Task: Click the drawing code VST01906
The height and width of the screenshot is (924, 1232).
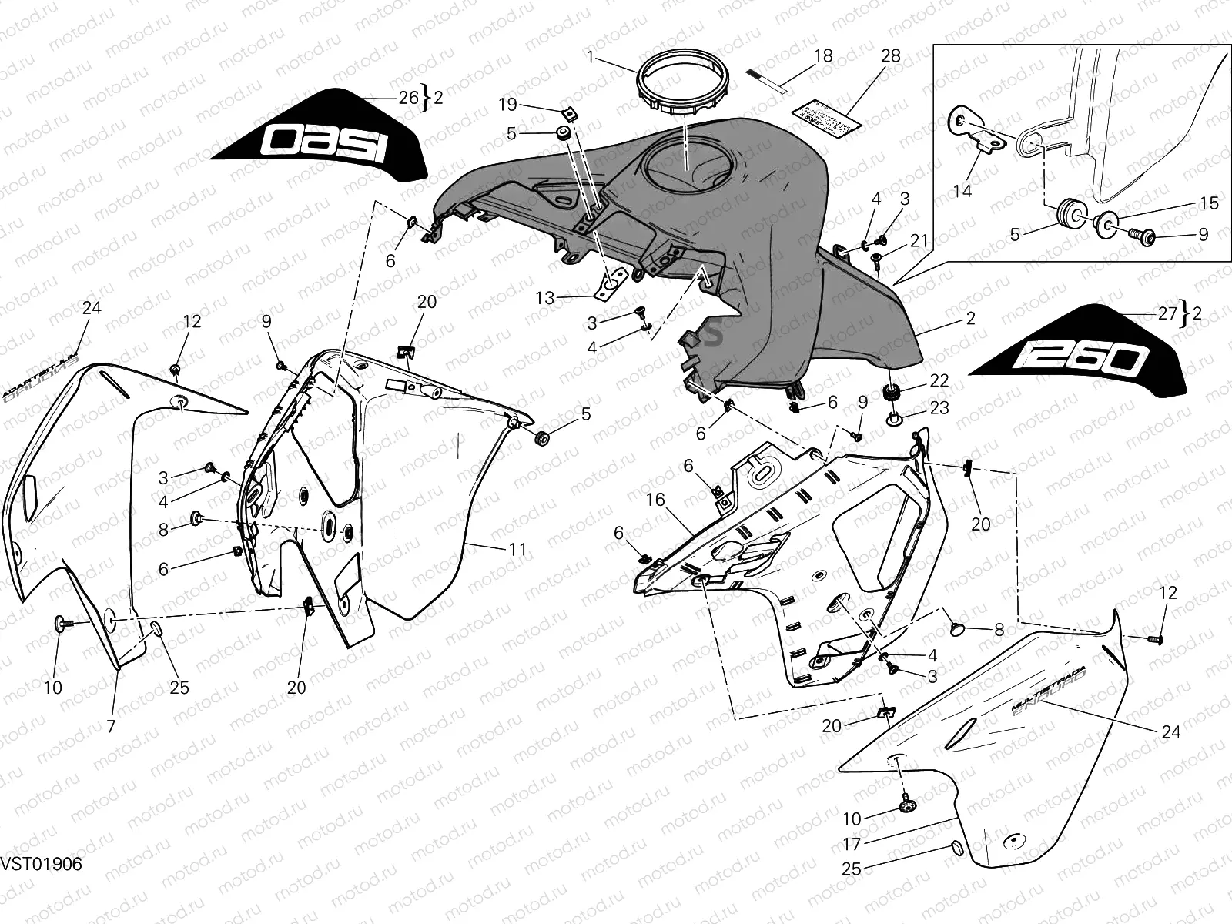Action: click(x=41, y=864)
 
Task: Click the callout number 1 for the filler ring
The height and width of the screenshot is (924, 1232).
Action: click(x=590, y=57)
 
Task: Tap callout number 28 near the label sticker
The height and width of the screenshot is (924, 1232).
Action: click(x=890, y=57)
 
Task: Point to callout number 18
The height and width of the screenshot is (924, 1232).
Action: click(x=823, y=56)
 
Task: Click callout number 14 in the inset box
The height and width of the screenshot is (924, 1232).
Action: click(x=962, y=190)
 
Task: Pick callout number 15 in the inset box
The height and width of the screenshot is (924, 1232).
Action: click(x=1209, y=203)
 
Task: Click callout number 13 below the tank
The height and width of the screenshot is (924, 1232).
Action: click(x=545, y=297)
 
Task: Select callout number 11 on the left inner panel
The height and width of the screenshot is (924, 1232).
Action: click(x=517, y=549)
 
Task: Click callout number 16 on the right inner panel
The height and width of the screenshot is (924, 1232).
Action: click(x=654, y=500)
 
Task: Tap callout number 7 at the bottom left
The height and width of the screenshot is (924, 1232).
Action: click(x=111, y=725)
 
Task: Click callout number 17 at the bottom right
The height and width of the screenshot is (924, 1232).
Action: click(x=851, y=844)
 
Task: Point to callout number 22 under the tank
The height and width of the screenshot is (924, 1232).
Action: click(x=939, y=381)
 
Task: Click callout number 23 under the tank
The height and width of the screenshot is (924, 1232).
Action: click(x=939, y=407)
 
